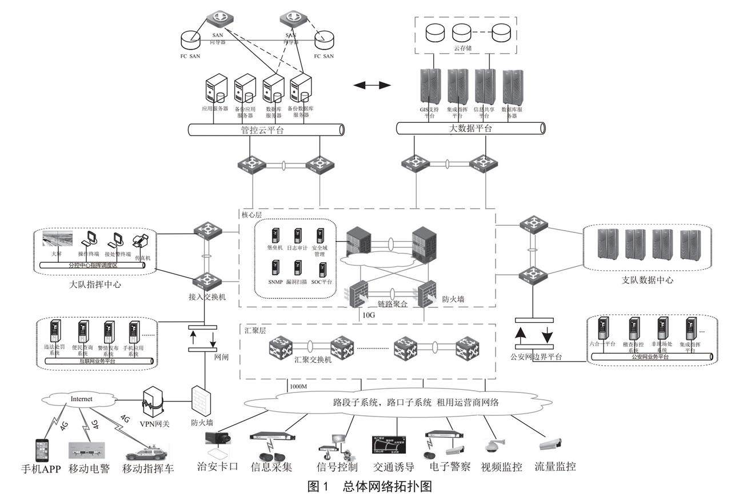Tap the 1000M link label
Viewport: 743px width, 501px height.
click(x=299, y=387)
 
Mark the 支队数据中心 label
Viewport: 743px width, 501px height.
click(x=647, y=280)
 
